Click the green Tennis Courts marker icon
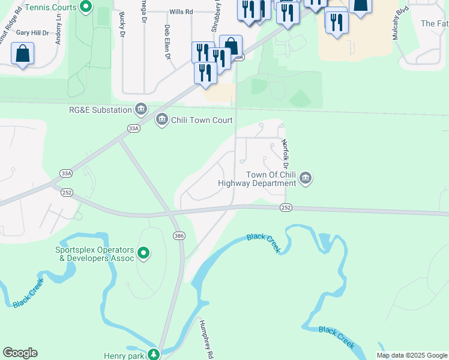coord(86,7)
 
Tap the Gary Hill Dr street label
coord(32,32)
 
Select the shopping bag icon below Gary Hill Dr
coord(22,54)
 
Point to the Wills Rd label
coord(181,11)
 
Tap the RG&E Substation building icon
coord(141,109)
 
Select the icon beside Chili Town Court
coord(161,120)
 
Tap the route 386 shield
coord(178,235)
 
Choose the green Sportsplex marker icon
coord(143,253)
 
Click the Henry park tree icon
coord(154,355)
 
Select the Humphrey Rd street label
coord(206,339)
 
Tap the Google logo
coord(20,353)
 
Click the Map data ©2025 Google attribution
coord(412,356)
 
